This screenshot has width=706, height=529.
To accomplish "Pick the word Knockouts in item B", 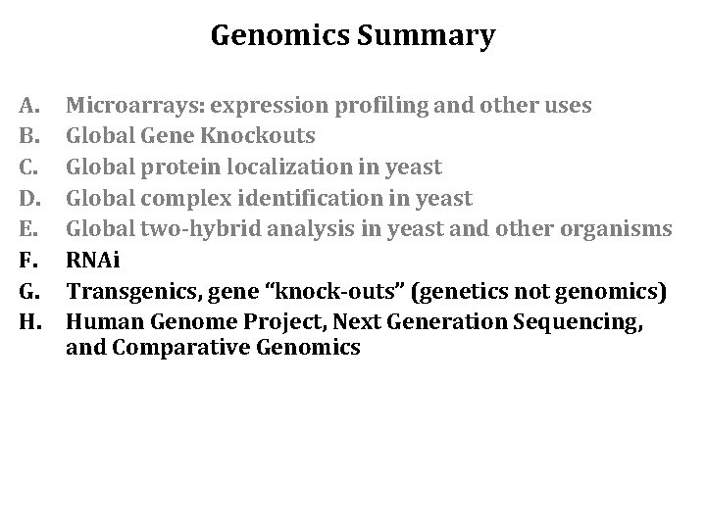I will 266,136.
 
